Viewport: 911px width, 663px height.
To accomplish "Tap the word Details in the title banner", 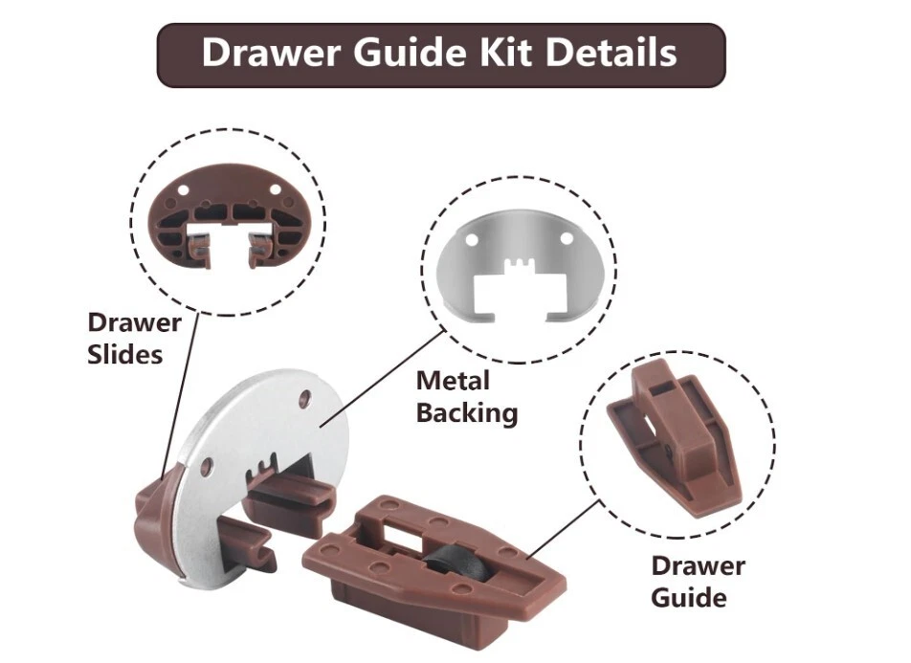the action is [x=611, y=53].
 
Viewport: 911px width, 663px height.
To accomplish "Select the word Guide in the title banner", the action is [x=410, y=53].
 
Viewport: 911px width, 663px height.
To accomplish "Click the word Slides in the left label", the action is [x=125, y=354].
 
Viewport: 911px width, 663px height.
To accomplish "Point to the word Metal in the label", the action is [x=454, y=381].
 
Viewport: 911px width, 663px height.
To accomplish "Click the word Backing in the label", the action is [x=467, y=413].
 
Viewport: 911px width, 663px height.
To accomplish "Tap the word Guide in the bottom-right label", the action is [x=688, y=598].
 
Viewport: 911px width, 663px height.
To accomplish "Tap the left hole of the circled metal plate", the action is [x=472, y=239].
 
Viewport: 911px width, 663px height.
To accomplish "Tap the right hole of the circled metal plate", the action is [x=566, y=239].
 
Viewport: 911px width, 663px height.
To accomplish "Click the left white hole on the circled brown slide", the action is [x=183, y=190].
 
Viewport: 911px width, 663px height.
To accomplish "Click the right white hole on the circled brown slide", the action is [x=275, y=189].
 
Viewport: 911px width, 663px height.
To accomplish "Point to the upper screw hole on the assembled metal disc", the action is [x=304, y=398].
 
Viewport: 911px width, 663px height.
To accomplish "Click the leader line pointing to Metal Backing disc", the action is [x=383, y=378].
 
